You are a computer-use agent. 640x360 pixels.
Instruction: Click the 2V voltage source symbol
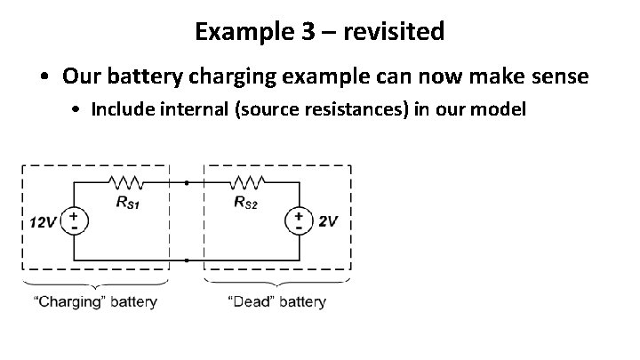point(298,221)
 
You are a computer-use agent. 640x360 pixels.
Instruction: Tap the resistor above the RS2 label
point(244,182)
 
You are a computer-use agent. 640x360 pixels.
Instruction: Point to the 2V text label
point(327,221)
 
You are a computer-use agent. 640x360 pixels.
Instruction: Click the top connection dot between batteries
point(186,182)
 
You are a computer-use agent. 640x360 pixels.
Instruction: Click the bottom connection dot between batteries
point(186,261)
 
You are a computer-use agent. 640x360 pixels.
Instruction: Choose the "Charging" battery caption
point(96,301)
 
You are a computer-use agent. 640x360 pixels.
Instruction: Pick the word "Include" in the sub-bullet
point(119,110)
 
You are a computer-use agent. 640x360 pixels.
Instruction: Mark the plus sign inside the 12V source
point(73,216)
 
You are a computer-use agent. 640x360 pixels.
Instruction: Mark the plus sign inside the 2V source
point(298,215)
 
